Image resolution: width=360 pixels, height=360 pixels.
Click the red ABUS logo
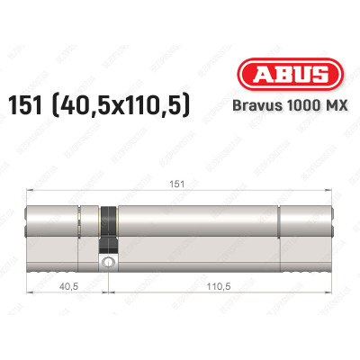[290, 74]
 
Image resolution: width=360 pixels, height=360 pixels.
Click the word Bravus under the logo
[257, 105]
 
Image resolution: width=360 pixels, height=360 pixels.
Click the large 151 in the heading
[25, 105]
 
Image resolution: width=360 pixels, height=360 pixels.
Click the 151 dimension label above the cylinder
[177, 184]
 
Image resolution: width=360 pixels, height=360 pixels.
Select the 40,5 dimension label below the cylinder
[68, 286]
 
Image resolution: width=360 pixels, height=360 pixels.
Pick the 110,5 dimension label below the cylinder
[219, 286]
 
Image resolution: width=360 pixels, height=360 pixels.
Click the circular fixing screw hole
[108, 262]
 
